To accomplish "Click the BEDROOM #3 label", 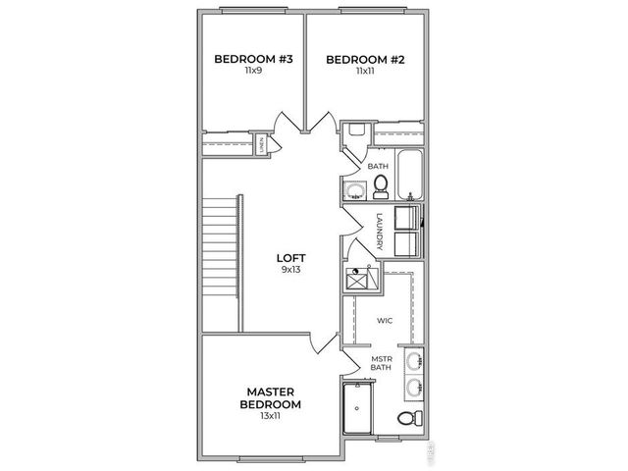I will (x=254, y=59).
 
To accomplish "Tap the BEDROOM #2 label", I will (x=365, y=59).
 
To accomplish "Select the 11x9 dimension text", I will (x=254, y=72).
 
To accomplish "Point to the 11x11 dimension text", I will (x=365, y=72).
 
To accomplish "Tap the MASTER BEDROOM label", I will (x=272, y=397).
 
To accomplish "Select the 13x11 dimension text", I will (x=272, y=417).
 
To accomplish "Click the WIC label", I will (x=385, y=320).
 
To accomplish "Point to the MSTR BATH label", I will (x=381, y=364).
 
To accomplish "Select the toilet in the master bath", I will (x=406, y=420).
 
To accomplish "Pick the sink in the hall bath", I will (x=352, y=191).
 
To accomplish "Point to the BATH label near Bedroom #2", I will (x=379, y=166).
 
